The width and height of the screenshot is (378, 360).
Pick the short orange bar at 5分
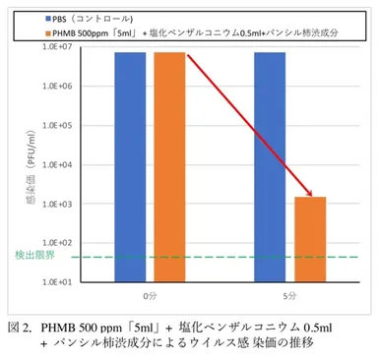coord(310,239)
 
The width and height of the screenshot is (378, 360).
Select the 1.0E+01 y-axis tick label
coord(64,281)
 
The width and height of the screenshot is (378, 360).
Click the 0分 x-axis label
coord(150,293)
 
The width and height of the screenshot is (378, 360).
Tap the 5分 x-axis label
coord(289,293)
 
